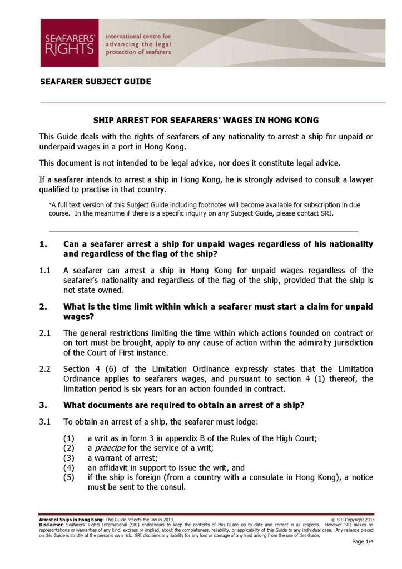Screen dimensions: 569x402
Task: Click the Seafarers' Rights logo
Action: coord(70,43)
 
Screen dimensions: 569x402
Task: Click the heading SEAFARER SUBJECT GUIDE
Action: coord(95,82)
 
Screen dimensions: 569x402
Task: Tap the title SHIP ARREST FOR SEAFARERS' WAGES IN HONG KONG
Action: coord(205,120)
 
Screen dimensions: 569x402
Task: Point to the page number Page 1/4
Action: coord(363,542)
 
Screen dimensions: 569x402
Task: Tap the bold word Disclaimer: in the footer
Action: coord(52,525)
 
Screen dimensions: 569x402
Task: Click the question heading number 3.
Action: coord(42,405)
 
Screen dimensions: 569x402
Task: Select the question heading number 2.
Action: coord(42,307)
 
